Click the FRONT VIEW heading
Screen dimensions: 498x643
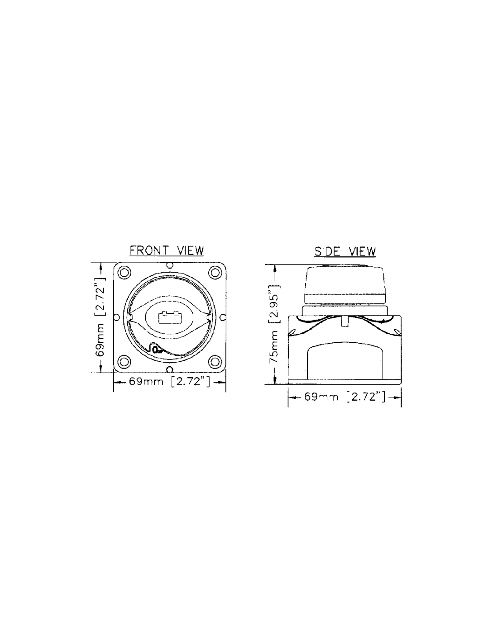tap(167, 251)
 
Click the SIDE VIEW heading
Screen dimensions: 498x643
tap(345, 251)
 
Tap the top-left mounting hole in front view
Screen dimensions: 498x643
tap(124, 272)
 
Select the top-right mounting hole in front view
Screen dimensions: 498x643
tap(215, 272)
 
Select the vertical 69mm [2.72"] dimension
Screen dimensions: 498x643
tap(100, 317)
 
